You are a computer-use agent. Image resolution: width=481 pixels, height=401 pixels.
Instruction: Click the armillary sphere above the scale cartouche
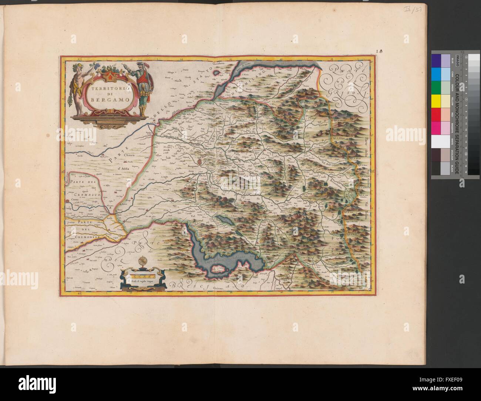point(143,262)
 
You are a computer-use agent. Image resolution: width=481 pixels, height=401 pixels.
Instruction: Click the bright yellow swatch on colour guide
point(436,99)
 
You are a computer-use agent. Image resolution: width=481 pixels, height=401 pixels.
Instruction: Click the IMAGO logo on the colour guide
point(457,58)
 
